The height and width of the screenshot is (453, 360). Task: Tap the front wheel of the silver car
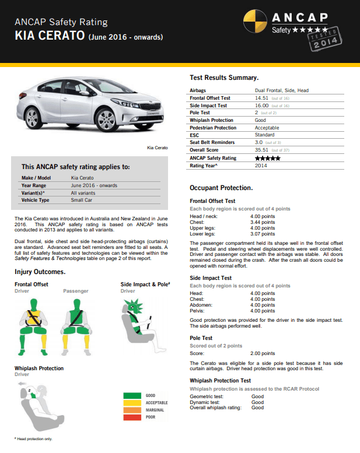pos(107,121)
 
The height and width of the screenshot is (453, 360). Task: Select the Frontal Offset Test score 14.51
pos(261,98)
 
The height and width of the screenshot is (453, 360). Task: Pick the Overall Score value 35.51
pos(261,150)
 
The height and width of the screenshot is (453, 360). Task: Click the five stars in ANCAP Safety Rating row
pos(268,158)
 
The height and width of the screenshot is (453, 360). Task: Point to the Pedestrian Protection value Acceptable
pos(267,128)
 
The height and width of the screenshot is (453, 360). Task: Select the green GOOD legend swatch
pos(132,396)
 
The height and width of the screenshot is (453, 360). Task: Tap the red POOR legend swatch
pos(132,417)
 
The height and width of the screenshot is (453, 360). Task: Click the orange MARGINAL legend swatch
pos(132,410)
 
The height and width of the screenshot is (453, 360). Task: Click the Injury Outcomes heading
pos(40,272)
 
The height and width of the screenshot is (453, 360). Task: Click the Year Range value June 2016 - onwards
pos(94,185)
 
